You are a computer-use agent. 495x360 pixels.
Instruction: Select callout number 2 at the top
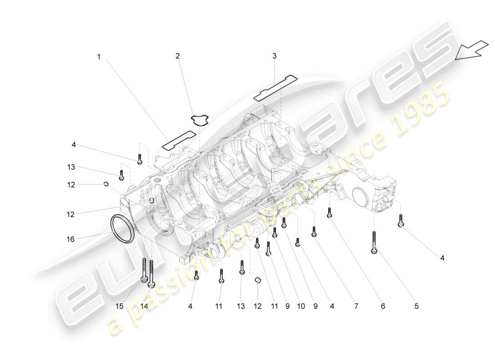(x=177, y=56)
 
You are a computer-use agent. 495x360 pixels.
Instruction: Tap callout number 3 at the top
(x=274, y=56)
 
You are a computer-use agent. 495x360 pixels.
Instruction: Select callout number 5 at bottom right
(x=416, y=306)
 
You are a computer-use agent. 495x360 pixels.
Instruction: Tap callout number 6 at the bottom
(x=383, y=306)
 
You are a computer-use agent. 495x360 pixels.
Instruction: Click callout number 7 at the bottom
(x=355, y=306)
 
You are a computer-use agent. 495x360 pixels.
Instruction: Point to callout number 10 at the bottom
(x=300, y=306)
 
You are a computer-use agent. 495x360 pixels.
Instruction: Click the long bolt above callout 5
(x=374, y=242)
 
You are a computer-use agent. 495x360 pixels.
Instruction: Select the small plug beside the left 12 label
(x=107, y=184)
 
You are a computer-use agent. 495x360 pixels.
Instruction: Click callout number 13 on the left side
(x=71, y=167)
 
